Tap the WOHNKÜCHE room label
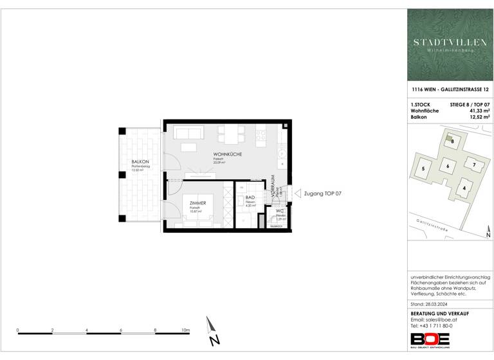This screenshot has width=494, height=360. pyautogui.click(x=228, y=155)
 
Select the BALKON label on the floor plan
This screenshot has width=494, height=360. pyautogui.click(x=140, y=161)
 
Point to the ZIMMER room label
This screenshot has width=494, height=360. pyautogui.click(x=197, y=203)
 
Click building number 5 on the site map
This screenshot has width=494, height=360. pyautogui.click(x=423, y=169)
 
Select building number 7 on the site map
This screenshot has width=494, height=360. pyautogui.click(x=474, y=165)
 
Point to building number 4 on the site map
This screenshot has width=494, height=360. pyautogui.click(x=464, y=188)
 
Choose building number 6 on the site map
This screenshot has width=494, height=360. pyautogui.click(x=446, y=166)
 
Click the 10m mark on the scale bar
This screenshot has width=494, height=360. pyautogui.click(x=186, y=330)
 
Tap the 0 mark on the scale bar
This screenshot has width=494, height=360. pyautogui.click(x=18, y=330)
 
